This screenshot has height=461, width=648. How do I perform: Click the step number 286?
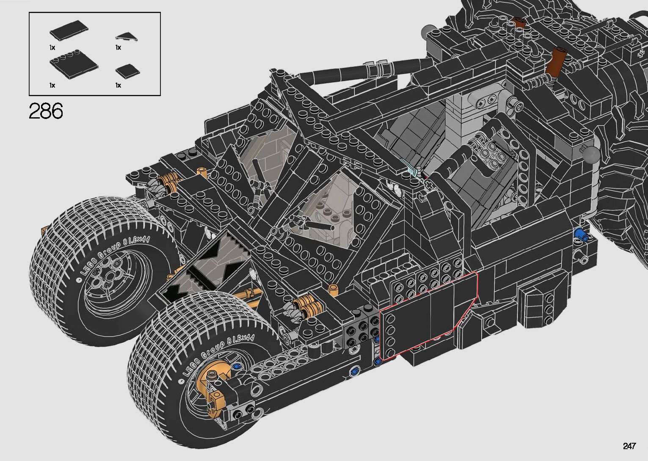pyautogui.click(x=46, y=110)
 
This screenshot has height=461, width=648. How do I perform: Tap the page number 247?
pyautogui.click(x=629, y=446)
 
